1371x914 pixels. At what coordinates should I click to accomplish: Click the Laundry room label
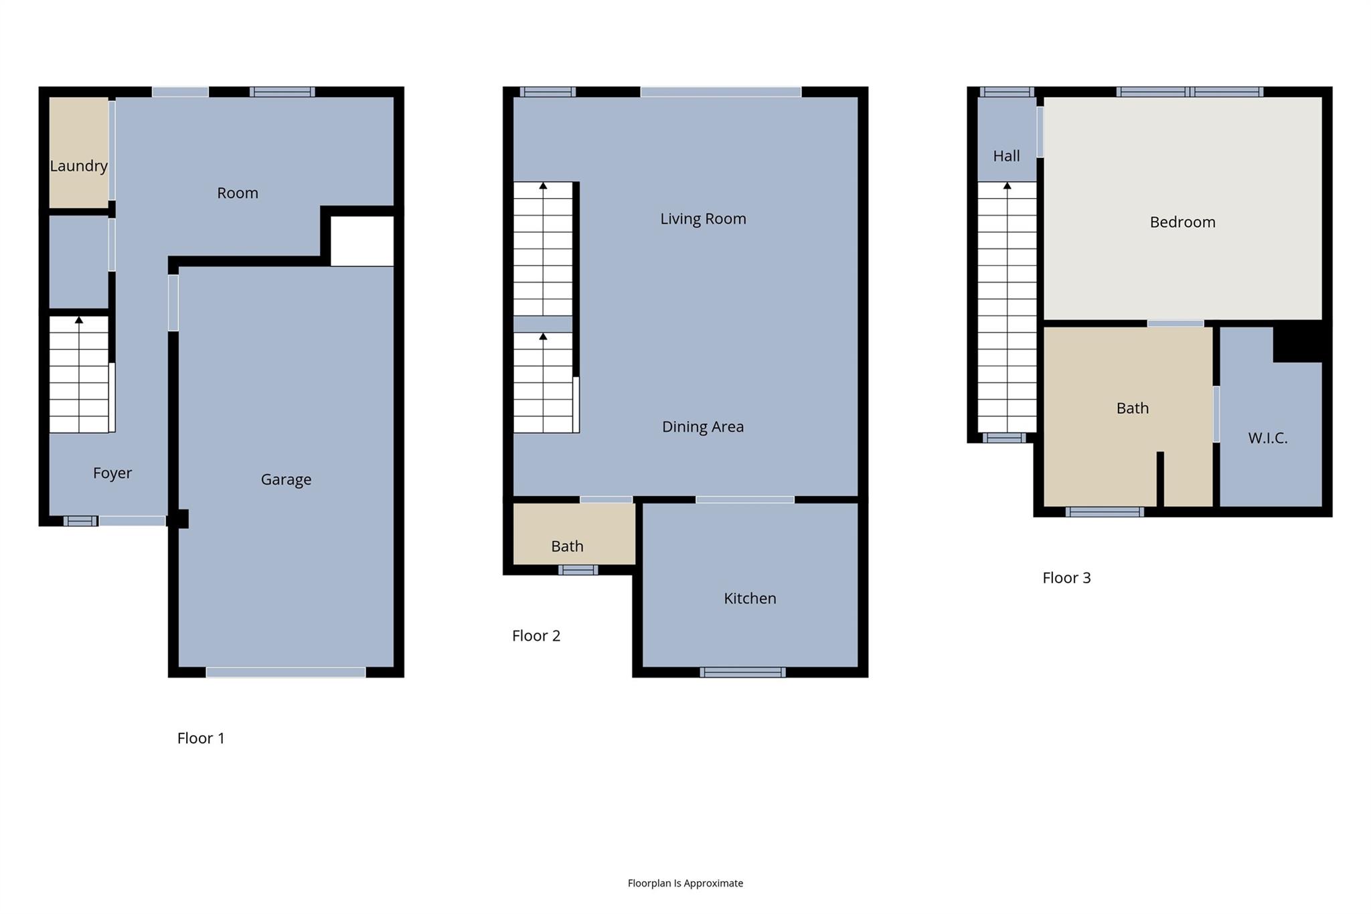[x=78, y=166]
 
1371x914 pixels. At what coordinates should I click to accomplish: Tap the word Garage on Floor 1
[x=286, y=479]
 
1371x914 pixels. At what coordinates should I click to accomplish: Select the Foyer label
[x=112, y=473]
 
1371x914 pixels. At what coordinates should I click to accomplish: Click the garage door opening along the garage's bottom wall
[x=286, y=672]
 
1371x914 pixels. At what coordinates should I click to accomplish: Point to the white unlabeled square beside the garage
[x=362, y=241]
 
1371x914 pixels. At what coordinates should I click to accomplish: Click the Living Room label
[x=703, y=219]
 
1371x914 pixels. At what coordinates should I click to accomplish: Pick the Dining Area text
[x=702, y=427]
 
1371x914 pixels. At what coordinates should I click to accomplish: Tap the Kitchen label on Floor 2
[x=750, y=599]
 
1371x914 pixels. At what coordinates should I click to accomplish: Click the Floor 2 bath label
[x=567, y=546]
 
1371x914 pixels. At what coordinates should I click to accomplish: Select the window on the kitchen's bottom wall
[x=742, y=672]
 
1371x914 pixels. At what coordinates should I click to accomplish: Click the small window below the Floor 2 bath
[x=578, y=570]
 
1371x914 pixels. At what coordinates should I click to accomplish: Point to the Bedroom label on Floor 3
[x=1182, y=222]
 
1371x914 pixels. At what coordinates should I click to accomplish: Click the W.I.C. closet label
[x=1267, y=438]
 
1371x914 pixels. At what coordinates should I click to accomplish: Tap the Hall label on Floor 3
[x=1006, y=156]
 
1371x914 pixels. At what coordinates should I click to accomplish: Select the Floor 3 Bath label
[x=1132, y=408]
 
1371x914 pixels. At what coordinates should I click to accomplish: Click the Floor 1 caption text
[x=201, y=738]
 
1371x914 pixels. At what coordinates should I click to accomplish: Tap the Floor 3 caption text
[x=1066, y=578]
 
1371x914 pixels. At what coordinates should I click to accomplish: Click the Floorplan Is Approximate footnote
[x=685, y=883]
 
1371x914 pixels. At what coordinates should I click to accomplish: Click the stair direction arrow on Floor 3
[x=1007, y=186]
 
